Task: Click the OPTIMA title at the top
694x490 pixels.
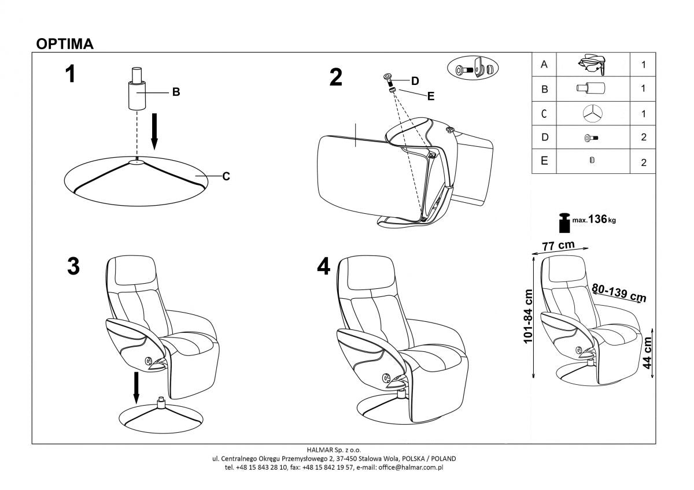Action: point(65,44)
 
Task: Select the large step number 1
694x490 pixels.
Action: point(71,74)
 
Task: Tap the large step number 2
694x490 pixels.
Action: point(336,77)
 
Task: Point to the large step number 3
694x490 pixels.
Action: point(73,267)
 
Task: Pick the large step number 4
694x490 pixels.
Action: point(324,266)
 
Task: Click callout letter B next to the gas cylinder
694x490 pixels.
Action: point(176,92)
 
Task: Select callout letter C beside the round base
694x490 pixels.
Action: point(226,176)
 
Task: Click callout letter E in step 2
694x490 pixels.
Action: point(430,96)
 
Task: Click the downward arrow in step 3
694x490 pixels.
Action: point(136,388)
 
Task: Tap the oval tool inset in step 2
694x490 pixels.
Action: point(473,69)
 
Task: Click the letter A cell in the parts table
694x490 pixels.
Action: point(544,65)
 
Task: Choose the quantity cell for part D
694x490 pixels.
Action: point(643,138)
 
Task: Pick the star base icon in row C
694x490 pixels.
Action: point(592,113)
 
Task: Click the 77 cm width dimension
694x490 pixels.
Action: point(558,245)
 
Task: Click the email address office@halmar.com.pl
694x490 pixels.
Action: point(411,467)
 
